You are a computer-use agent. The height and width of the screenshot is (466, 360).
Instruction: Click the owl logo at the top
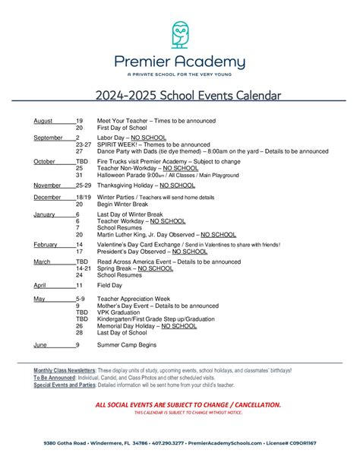click(x=180, y=34)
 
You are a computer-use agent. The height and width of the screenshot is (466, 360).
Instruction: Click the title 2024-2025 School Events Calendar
click(x=180, y=96)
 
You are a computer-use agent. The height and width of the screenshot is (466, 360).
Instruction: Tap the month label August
click(x=43, y=121)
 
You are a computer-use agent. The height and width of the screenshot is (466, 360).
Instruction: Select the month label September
click(x=48, y=138)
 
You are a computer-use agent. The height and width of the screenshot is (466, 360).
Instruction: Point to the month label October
click(x=45, y=161)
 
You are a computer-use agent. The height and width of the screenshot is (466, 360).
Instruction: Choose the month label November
click(x=47, y=185)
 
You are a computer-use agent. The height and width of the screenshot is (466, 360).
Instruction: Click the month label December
click(x=47, y=198)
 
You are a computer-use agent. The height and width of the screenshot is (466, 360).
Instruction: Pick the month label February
click(x=46, y=245)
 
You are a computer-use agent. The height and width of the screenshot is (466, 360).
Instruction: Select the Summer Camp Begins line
click(x=128, y=344)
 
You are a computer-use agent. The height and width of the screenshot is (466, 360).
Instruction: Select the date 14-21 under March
click(x=84, y=268)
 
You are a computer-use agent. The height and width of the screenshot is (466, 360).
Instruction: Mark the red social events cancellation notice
click(x=179, y=405)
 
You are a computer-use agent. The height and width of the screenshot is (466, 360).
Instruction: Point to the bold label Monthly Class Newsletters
click(x=64, y=370)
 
